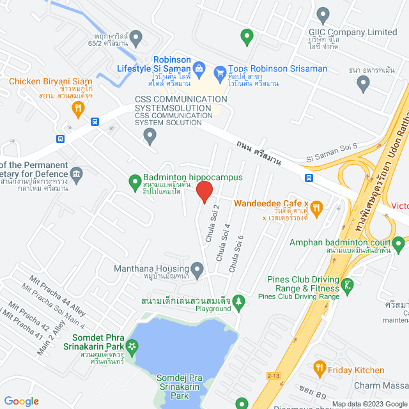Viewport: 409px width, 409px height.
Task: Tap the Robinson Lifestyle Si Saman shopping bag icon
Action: click(199, 68)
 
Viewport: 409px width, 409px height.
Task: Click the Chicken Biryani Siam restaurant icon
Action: click(78, 109)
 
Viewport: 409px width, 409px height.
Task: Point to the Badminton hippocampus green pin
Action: click(135, 183)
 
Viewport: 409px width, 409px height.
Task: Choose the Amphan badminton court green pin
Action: click(398, 243)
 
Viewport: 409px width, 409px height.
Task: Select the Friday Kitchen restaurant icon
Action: click(318, 369)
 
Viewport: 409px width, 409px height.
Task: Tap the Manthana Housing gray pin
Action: click(197, 269)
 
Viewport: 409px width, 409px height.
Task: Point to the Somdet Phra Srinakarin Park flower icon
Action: click(132, 347)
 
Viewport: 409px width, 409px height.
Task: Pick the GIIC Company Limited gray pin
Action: click(323, 15)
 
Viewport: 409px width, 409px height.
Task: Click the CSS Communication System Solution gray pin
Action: click(150, 135)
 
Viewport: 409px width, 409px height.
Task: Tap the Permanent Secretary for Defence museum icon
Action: click(77, 174)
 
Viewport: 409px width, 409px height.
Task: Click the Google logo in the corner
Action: click(21, 401)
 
